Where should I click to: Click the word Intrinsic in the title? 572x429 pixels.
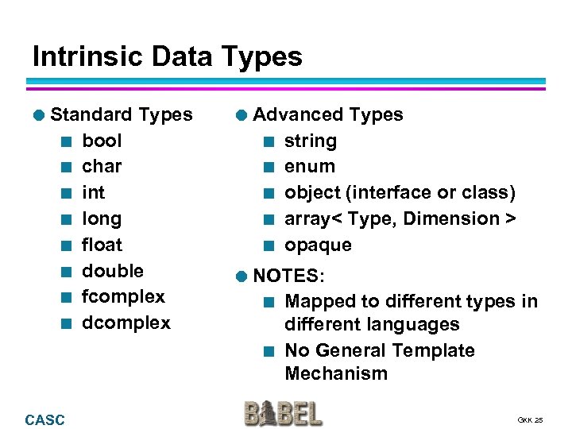[80, 56]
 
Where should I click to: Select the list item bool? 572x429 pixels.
[102, 141]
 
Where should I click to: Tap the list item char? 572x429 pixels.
[102, 166]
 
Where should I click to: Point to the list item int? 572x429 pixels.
[93, 192]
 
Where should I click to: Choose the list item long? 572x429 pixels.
[102, 218]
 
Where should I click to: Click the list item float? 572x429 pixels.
[102, 245]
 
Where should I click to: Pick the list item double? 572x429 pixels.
[113, 270]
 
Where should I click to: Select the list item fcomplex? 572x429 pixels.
[123, 296]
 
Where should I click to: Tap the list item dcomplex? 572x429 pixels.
[126, 323]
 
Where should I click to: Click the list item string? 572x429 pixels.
[310, 141]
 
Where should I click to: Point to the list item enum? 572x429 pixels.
[310, 166]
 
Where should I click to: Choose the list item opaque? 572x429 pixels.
[318, 245]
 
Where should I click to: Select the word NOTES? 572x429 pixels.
[288, 276]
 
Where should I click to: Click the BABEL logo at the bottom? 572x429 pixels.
[284, 413]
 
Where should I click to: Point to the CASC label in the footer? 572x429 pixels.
[45, 419]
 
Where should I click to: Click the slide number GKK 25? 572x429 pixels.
[530, 419]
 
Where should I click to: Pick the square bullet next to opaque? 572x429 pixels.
[269, 245]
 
